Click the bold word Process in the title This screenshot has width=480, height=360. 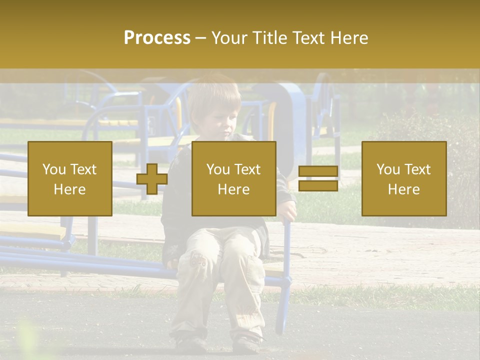pos(157,38)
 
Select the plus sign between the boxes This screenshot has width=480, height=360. pos(152,179)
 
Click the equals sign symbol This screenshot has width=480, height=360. pos(318,178)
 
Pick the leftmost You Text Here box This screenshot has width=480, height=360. pos(70,178)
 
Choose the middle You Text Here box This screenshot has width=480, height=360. pos(233,178)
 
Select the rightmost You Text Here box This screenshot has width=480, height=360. pos(403,178)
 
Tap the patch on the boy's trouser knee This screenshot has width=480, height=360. pos(198,260)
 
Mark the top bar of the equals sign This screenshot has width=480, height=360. pos(318,171)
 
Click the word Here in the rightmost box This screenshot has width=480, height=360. pos(403,189)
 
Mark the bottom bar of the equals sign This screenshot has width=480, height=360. pos(318,185)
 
